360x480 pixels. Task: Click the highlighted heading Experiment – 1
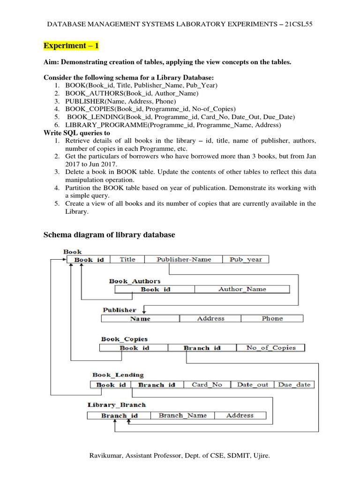71,46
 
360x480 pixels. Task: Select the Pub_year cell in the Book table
246,259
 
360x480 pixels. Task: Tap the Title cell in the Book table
127,259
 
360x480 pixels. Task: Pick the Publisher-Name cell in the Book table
184,259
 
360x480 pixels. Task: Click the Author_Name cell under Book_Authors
242,289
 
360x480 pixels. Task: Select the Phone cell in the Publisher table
272,318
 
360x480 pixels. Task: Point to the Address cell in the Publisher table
210,318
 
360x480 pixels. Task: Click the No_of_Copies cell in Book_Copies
271,348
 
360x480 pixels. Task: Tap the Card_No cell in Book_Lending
207,384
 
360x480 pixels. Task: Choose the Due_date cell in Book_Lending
294,384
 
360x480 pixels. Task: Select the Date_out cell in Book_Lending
253,384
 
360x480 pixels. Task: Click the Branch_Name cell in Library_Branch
182,415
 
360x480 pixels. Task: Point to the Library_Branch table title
117,405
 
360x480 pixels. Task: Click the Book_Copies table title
124,339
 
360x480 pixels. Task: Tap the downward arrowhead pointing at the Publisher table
145,310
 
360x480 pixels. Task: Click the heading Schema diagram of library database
109,235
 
